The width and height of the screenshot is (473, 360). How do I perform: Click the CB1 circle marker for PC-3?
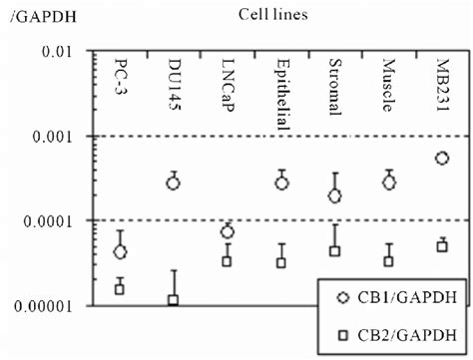coord(120,252)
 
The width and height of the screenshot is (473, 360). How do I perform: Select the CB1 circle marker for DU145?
coord(173,182)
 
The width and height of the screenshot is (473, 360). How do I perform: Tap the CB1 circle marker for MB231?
coord(443,159)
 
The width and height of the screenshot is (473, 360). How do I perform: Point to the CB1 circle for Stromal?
coord(335,196)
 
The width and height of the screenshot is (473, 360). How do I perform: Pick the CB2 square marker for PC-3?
coord(120,289)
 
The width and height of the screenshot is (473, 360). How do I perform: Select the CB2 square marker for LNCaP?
coord(228,261)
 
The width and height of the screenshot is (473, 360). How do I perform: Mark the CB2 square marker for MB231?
coord(443,246)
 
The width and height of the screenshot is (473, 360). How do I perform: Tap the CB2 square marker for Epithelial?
coord(281,263)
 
